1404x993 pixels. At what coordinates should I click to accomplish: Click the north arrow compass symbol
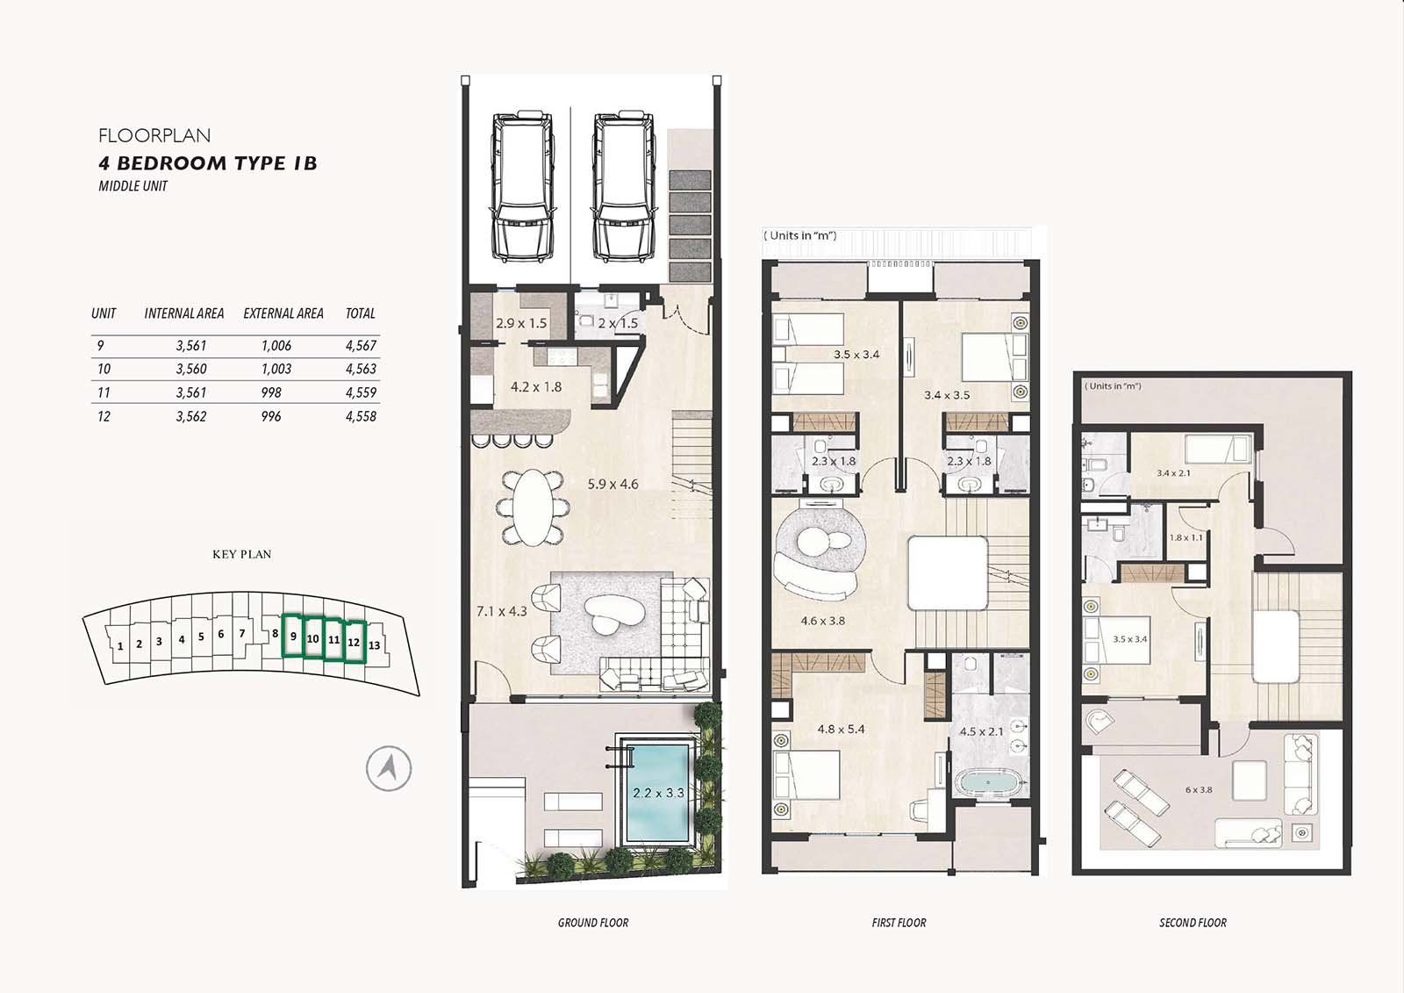(389, 768)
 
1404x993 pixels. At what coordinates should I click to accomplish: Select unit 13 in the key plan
(374, 644)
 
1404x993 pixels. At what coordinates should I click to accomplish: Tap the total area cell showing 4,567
(361, 346)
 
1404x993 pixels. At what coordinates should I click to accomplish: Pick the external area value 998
(271, 392)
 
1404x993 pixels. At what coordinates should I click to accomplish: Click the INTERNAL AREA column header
(184, 313)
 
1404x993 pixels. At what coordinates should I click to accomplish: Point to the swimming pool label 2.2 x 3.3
(658, 793)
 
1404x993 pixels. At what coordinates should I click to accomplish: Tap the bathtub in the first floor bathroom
(988, 783)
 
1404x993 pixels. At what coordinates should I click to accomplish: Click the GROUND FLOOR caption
(593, 923)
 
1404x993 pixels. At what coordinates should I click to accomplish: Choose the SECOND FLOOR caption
(1193, 923)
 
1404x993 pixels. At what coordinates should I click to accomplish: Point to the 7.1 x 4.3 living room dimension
(502, 611)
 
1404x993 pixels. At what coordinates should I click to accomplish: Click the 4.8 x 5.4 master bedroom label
(842, 730)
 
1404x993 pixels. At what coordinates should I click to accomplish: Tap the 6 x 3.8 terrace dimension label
(1199, 790)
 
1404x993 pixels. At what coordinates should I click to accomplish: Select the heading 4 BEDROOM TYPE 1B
(208, 163)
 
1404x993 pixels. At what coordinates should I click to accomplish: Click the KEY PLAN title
(242, 555)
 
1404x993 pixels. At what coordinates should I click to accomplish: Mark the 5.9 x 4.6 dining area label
(613, 485)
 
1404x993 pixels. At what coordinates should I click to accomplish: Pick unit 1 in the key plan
(120, 646)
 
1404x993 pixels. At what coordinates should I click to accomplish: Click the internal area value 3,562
(191, 416)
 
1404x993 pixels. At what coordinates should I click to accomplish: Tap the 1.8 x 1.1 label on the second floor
(1186, 537)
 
